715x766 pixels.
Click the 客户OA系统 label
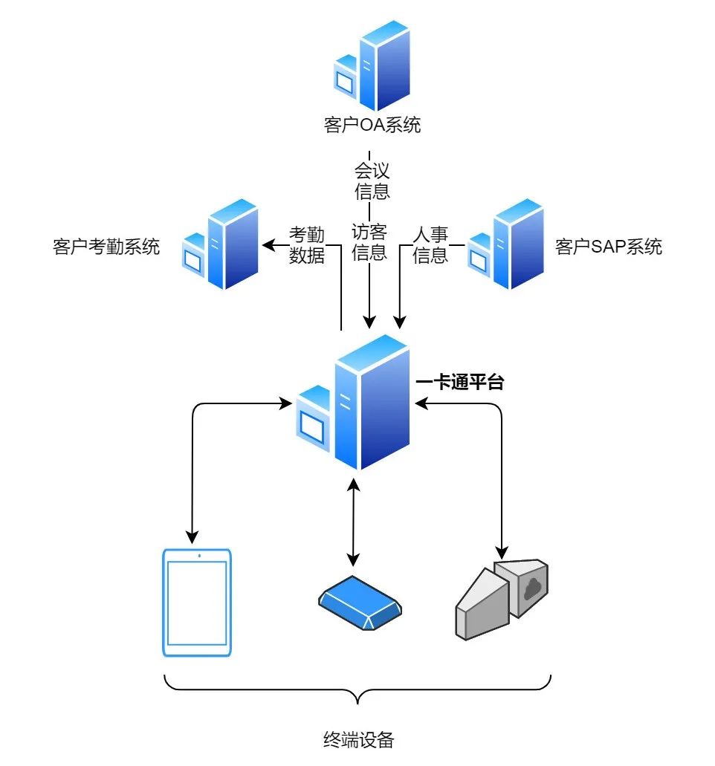point(372,125)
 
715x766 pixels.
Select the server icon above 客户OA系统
point(372,67)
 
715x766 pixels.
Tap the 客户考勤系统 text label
point(106,247)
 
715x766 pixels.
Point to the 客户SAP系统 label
point(608,247)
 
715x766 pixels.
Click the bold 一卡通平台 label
point(460,383)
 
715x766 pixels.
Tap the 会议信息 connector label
point(372,181)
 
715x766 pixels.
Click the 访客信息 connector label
point(369,241)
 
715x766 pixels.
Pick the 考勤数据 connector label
point(307,246)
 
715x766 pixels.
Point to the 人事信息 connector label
point(430,246)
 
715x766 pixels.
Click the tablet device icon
point(197,603)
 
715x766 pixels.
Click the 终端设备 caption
point(358,739)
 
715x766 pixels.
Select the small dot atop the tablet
point(199,556)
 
